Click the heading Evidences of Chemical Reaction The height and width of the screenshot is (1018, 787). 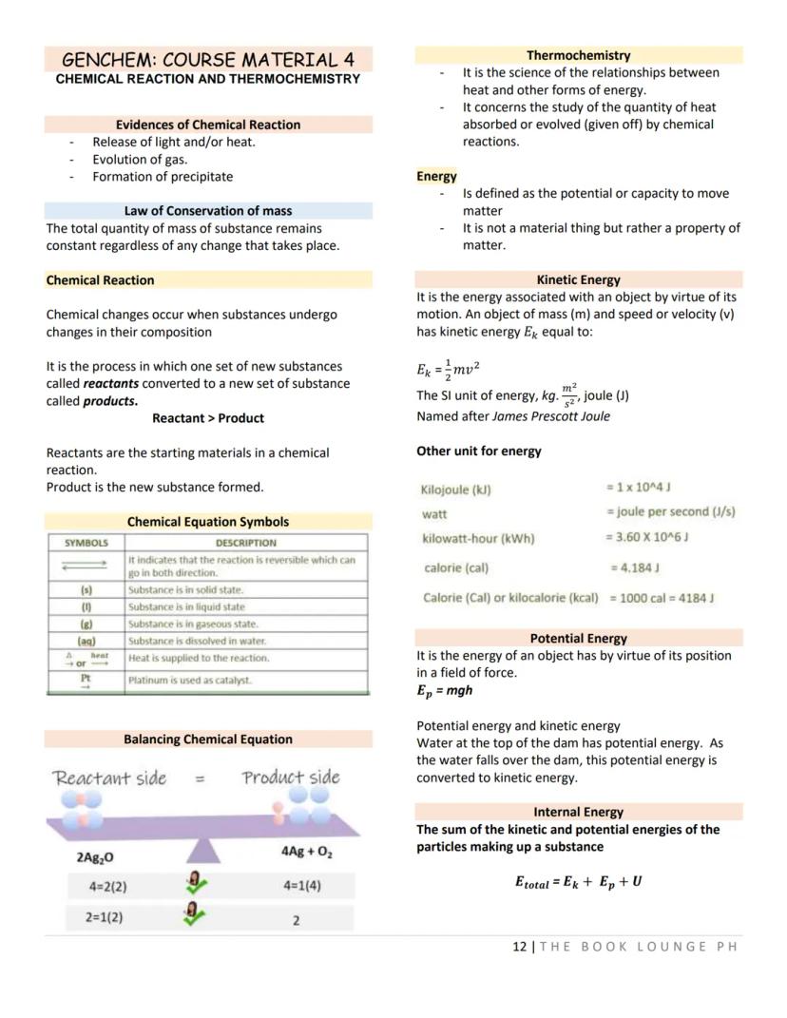pos(208,125)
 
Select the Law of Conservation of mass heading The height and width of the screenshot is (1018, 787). pos(208,211)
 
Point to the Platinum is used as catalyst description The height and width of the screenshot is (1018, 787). pos(190,680)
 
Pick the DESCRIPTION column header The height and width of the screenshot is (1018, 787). pos(245,543)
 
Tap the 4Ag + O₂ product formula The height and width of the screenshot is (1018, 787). pos(306,852)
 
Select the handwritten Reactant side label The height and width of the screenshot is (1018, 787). pos(109,778)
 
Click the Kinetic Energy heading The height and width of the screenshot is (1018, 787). pos(578,280)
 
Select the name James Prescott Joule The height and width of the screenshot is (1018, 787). pos(551,416)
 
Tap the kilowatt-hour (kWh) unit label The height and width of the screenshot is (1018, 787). pos(478,539)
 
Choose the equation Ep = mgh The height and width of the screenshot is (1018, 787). pos(444,691)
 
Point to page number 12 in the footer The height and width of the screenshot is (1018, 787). pos(519,947)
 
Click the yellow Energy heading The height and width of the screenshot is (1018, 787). pos(436,177)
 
